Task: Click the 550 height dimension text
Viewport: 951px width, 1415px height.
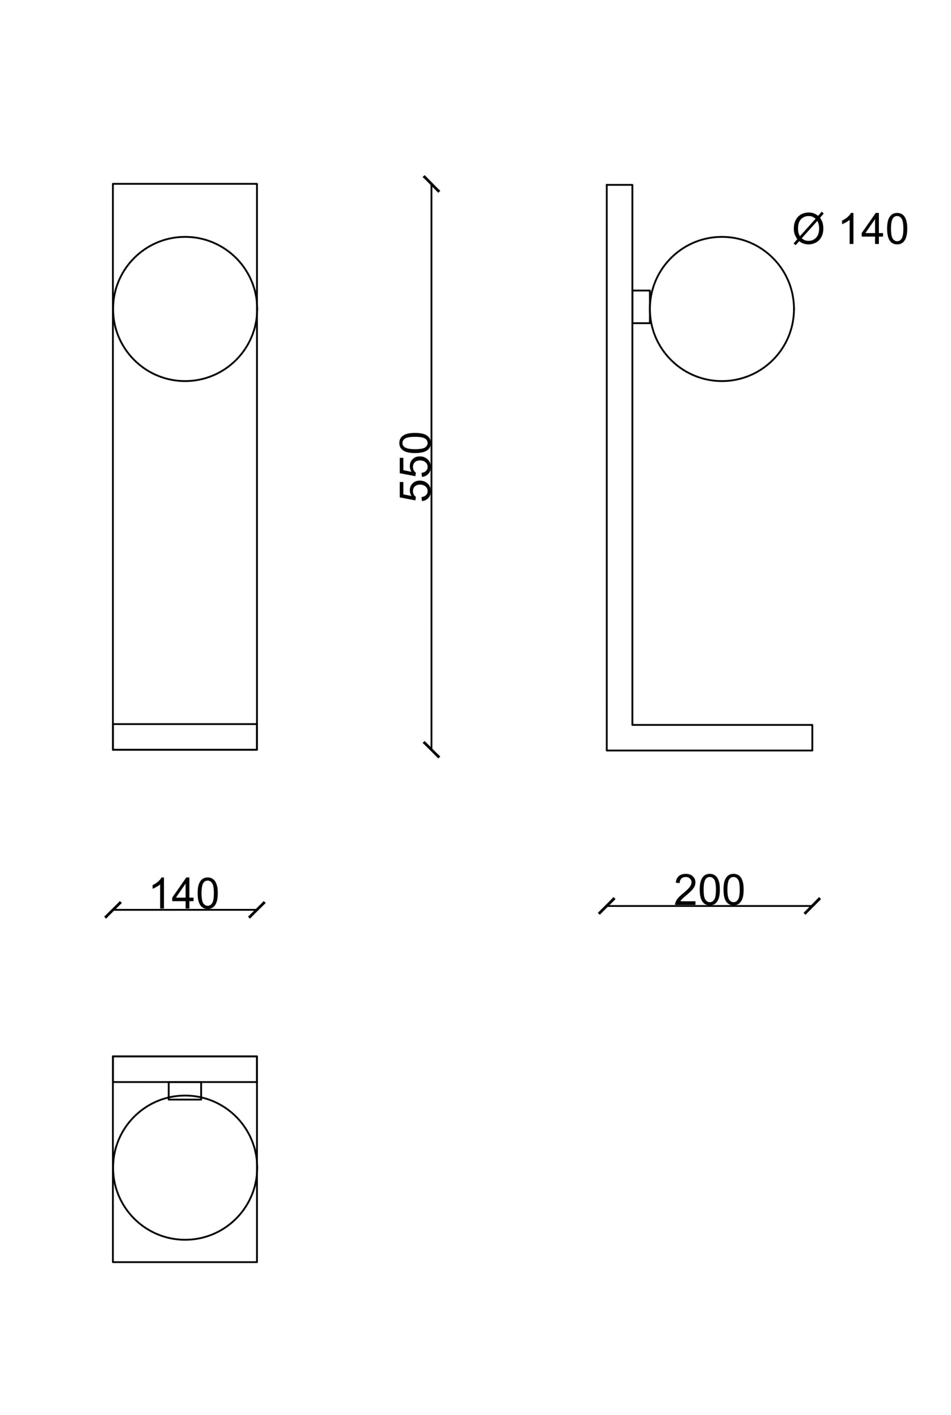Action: pos(414,467)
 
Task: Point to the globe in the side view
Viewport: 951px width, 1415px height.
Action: pos(722,309)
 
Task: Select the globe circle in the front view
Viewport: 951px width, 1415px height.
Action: pos(185,309)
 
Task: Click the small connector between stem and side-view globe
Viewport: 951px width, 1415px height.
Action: pos(641,307)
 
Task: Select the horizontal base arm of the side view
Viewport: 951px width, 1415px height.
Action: pos(722,737)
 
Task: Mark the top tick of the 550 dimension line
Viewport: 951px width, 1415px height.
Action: pos(431,184)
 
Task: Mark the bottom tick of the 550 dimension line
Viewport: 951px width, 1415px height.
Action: pos(431,750)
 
